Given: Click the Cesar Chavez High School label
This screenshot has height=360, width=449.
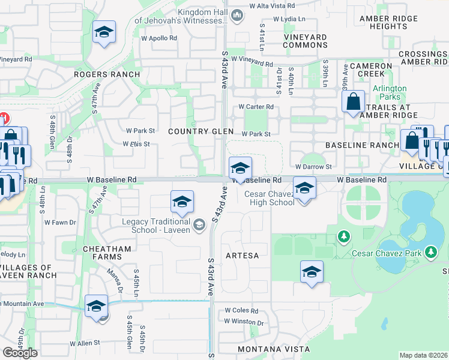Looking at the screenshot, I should click(269, 198).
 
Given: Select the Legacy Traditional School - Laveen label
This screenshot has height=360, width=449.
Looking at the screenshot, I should click(156, 226).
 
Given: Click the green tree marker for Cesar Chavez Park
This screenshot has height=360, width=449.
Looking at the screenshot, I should click(343, 237).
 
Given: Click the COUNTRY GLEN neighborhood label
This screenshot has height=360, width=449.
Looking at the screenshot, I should click(192, 131).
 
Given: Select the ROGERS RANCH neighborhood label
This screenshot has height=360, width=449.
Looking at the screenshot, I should click(107, 74).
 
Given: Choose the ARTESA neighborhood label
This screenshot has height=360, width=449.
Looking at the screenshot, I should click(243, 256).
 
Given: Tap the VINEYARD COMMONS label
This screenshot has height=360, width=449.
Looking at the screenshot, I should click(305, 41).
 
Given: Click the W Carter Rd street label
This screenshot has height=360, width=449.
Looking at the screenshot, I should click(256, 107).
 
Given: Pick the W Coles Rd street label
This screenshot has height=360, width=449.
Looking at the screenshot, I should click(241, 311).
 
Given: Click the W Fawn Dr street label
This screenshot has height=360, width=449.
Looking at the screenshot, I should click(64, 223).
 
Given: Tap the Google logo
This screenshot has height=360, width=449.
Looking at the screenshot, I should click(20, 353).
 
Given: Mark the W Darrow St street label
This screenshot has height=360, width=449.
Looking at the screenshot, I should click(313, 167).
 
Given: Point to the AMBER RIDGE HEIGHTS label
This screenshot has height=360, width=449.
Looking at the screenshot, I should click(384, 22).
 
